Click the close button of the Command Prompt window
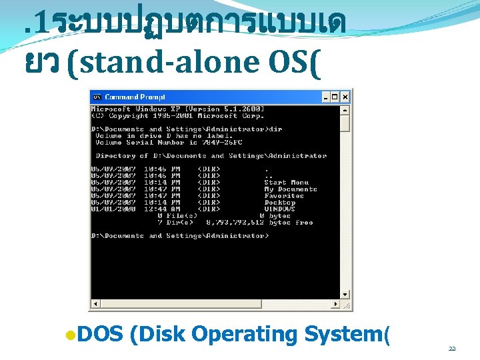pyautogui.click(x=345, y=97)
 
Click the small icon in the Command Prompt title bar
pyautogui.click(x=97, y=97)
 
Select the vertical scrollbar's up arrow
pyautogui.click(x=345, y=109)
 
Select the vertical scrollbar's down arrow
pyautogui.click(x=345, y=294)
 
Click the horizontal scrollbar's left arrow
pyautogui.click(x=95, y=304)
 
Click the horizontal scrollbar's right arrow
pyautogui.click(x=335, y=304)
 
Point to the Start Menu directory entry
pyautogui.click(x=286, y=183)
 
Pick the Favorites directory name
pyautogui.click(x=283, y=196)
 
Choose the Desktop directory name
pyautogui.click(x=279, y=203)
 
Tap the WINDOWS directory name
pyautogui.click(x=279, y=209)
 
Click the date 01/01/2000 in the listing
pyautogui.click(x=113, y=209)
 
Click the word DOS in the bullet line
pyautogui.click(x=100, y=334)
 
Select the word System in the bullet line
pyautogui.click(x=344, y=334)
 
